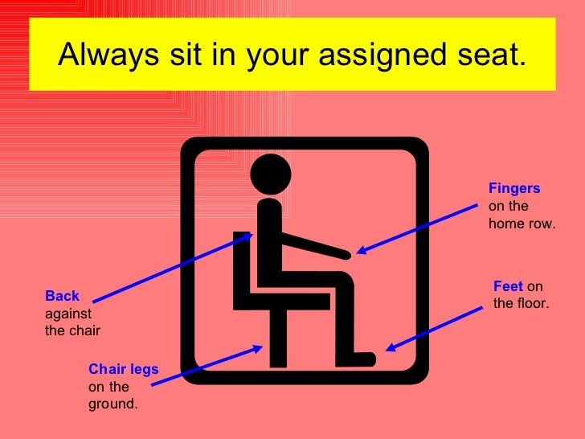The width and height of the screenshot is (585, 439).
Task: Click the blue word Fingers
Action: [x=514, y=188]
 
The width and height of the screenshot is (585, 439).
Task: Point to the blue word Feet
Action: [x=508, y=286]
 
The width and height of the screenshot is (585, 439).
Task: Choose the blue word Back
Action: [x=62, y=296]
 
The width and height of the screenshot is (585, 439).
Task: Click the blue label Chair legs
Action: [x=123, y=369]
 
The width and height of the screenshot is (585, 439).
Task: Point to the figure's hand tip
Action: [x=346, y=255]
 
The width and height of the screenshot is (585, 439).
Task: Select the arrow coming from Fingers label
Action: [x=418, y=228]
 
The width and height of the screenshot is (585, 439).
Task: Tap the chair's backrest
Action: [x=240, y=269]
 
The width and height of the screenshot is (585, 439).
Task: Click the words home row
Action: [x=522, y=224]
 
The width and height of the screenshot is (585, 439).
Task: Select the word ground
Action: [x=112, y=404]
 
